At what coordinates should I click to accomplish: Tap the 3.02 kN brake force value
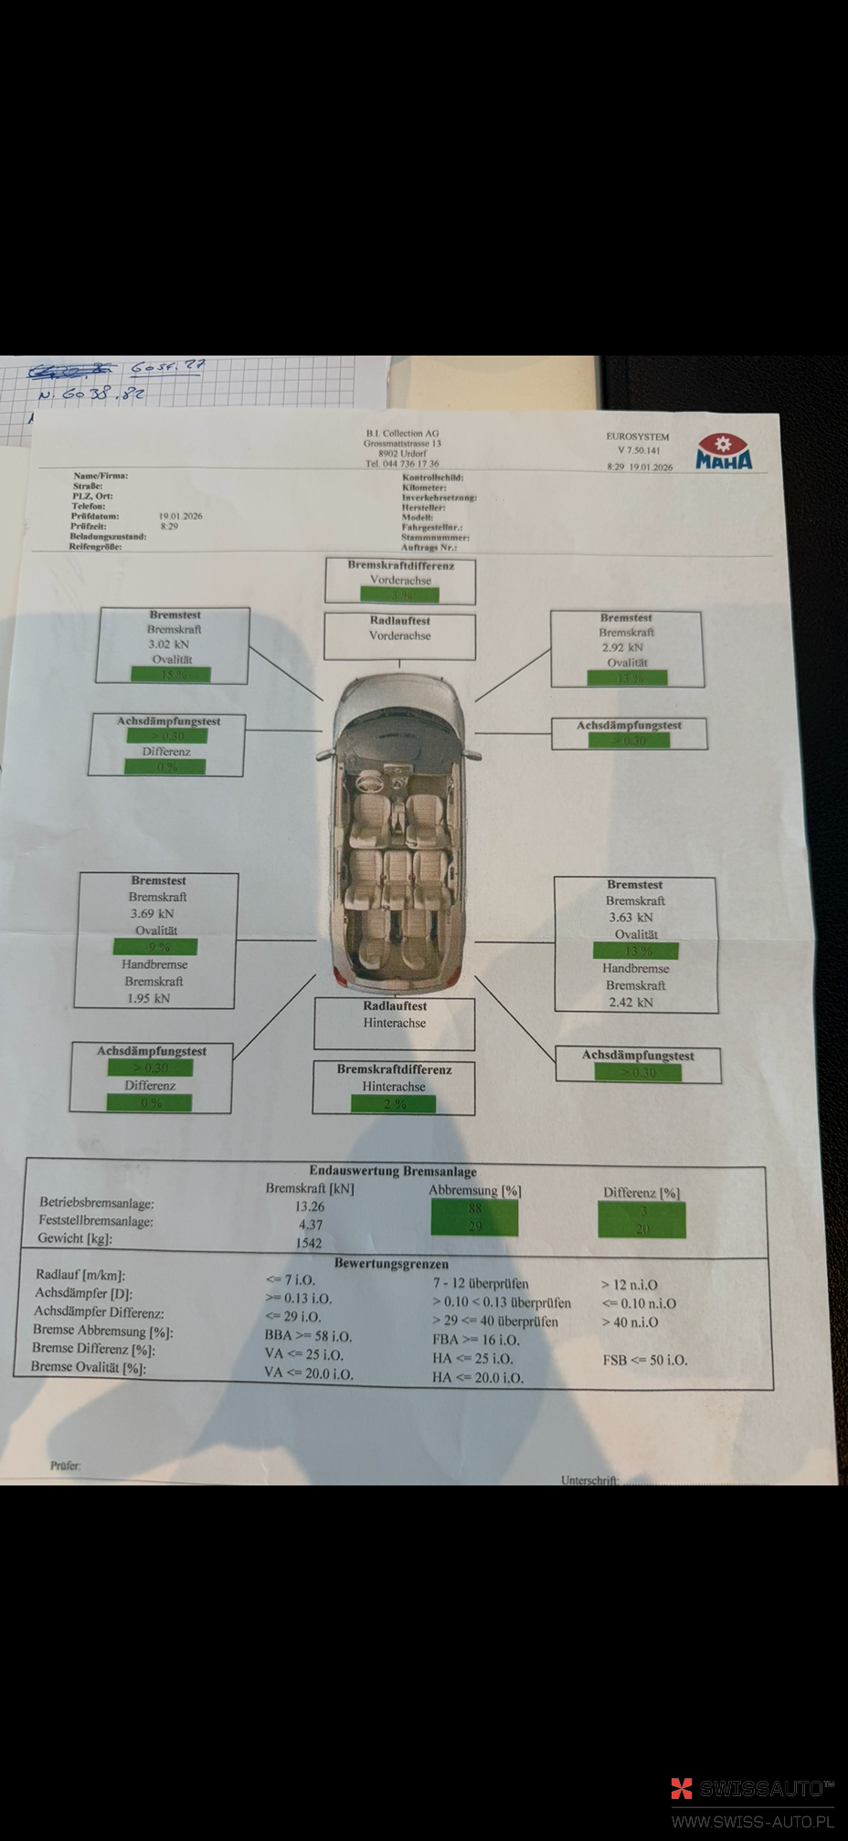point(168,645)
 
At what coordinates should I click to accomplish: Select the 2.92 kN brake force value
point(621,647)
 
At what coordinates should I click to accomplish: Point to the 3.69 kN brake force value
point(152,913)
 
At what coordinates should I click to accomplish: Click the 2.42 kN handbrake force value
point(631,1002)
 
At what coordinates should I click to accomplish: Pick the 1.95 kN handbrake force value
point(148,998)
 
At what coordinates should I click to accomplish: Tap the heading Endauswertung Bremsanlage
point(392,1171)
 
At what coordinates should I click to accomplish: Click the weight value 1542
point(308,1243)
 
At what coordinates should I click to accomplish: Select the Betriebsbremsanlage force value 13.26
point(309,1206)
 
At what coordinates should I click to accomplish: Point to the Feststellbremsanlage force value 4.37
point(310,1225)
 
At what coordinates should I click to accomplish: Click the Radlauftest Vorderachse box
point(399,636)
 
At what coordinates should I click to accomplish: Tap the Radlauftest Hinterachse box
point(395,1023)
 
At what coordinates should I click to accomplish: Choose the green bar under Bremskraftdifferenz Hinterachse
point(393,1104)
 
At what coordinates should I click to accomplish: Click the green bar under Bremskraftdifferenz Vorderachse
point(399,594)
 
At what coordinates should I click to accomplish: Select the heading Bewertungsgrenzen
point(391,1264)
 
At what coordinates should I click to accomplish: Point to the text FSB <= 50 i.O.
point(644,1360)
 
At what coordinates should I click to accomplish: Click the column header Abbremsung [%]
point(474,1191)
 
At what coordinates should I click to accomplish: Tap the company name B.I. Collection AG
point(402,434)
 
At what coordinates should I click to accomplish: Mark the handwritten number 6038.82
point(91,395)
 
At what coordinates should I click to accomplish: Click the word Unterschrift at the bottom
point(589,1480)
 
